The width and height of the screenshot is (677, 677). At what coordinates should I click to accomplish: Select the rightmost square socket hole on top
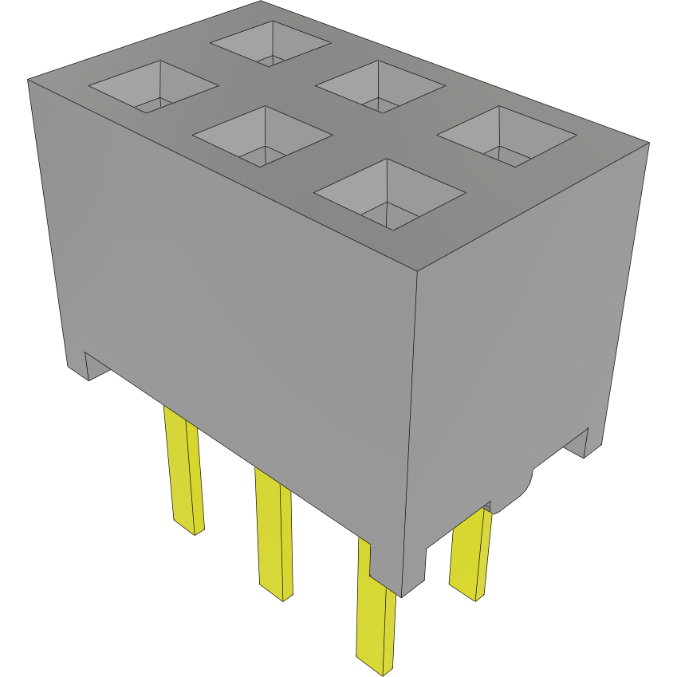tap(506, 136)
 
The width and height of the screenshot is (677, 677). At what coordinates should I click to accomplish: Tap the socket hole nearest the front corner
tap(390, 194)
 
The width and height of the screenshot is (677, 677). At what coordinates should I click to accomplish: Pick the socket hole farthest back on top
tap(270, 43)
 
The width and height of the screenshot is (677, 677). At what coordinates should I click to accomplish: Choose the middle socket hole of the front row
tap(262, 136)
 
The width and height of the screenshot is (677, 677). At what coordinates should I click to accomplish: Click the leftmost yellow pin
tap(183, 470)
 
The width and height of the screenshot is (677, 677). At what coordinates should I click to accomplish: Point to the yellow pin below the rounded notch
tap(470, 554)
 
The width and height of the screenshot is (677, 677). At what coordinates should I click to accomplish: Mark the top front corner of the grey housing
tap(419, 271)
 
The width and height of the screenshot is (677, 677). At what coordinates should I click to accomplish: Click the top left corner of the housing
tap(29, 80)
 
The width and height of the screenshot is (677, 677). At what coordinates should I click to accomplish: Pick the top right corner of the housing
tap(648, 144)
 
